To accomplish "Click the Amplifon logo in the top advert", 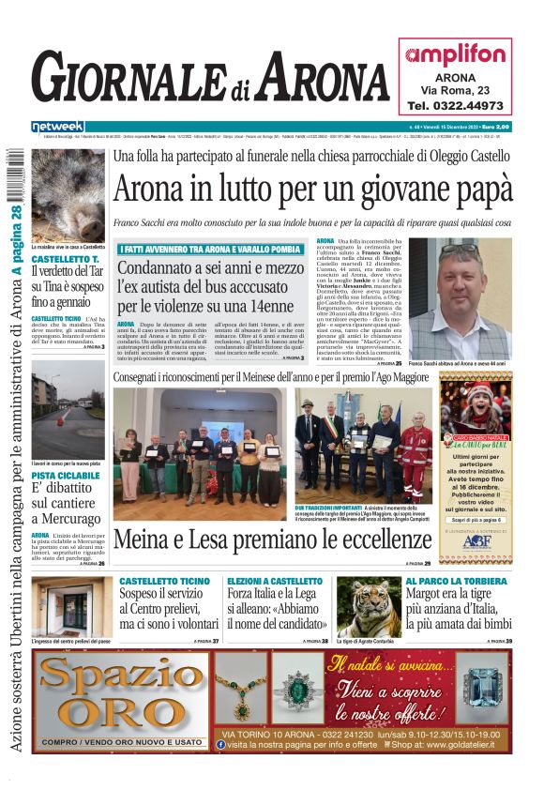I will tap(457, 54).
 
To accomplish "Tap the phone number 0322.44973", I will tap(456, 106).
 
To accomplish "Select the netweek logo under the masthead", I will tap(57, 126).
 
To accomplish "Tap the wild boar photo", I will tap(68, 195).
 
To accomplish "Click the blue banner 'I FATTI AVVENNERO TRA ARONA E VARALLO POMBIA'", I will tap(210, 249).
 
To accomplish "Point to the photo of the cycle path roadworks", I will tap(68, 421).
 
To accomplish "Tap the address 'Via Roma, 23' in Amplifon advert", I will tap(455, 89).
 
